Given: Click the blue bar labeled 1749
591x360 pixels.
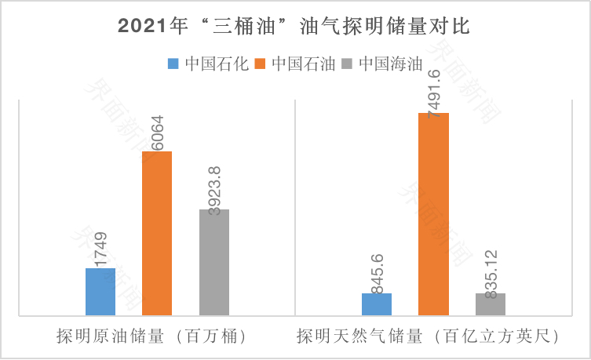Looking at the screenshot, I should [x=100, y=292].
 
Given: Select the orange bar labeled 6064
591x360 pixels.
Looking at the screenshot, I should [x=157, y=233].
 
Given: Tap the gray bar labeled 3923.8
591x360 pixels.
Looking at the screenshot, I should [x=214, y=262].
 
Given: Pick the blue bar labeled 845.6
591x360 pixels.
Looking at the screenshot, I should [x=377, y=304].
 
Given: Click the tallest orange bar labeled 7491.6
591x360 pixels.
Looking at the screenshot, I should [x=433, y=214].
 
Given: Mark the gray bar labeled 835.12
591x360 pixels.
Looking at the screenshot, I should [x=491, y=304].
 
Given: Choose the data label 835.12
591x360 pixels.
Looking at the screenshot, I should [x=491, y=271].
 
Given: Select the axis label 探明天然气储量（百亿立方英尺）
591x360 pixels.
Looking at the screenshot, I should [x=427, y=336].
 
